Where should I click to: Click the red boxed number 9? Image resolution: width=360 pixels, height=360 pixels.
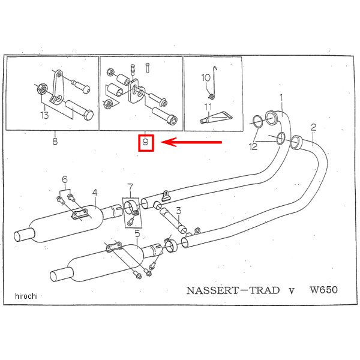(x=146, y=143)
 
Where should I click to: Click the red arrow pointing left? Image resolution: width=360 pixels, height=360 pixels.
(x=193, y=143)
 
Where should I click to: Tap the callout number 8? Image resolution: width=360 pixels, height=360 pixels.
(x=55, y=142)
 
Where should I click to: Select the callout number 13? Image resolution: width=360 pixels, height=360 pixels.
(x=44, y=115)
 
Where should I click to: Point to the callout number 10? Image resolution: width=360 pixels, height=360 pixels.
(x=205, y=77)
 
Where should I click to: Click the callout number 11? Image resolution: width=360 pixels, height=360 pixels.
(x=208, y=109)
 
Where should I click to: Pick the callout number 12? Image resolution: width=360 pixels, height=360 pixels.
(x=255, y=146)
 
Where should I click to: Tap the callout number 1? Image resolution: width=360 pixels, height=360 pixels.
(x=280, y=97)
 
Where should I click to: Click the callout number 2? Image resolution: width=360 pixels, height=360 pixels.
(x=313, y=127)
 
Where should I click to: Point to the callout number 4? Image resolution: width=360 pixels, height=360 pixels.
(x=94, y=193)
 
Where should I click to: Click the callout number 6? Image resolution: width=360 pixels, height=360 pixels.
(x=64, y=179)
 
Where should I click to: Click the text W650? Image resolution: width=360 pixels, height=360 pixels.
(x=323, y=290)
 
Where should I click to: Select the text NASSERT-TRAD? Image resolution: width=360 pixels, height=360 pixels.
(x=233, y=290)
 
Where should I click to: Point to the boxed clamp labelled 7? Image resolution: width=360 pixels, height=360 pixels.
(x=130, y=212)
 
